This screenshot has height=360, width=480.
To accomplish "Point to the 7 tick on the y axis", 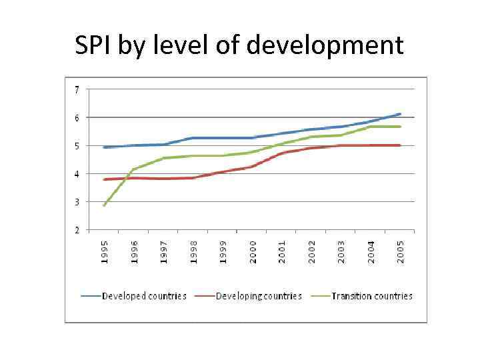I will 77,89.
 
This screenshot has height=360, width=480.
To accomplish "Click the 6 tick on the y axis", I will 77,118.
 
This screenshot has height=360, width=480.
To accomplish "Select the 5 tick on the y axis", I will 77,146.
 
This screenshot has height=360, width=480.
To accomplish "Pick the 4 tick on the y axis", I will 77,174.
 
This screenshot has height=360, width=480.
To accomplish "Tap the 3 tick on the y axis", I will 77,202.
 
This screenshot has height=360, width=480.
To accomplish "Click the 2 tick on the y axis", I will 77,230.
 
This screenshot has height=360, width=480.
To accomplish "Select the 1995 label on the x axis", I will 105,251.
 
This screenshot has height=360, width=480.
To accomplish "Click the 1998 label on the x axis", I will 194,251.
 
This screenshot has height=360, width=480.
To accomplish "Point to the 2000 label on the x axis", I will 253,251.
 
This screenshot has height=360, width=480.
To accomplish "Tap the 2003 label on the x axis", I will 341,251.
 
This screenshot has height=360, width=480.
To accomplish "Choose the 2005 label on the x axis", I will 400,251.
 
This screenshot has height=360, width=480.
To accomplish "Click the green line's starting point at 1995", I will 105,205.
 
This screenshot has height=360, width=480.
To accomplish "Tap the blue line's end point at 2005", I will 400,114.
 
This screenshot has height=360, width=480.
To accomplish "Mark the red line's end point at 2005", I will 400,145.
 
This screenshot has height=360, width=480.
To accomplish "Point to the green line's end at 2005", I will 400,127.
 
